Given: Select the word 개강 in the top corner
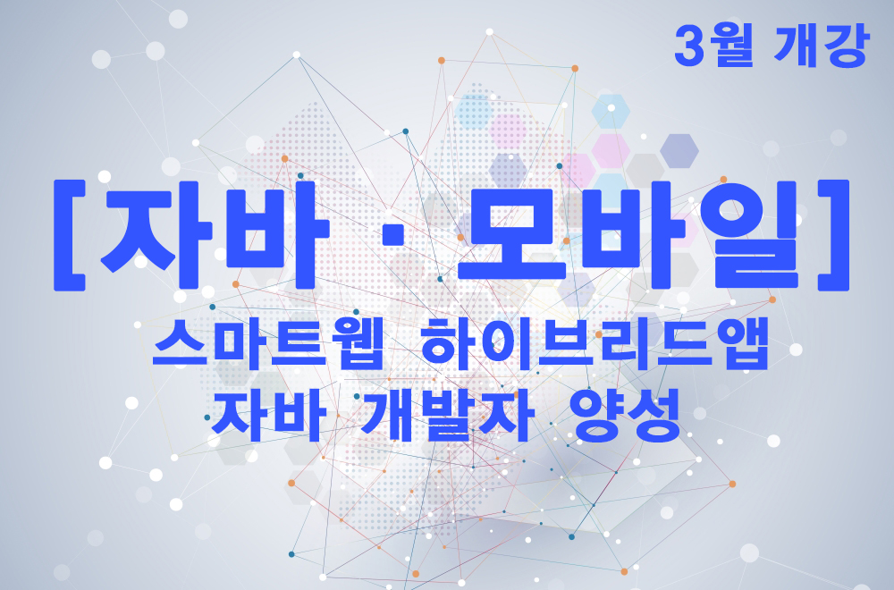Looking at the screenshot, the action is [822, 46].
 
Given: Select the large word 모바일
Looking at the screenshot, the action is [628, 233].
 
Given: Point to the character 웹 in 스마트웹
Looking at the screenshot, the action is [354, 344].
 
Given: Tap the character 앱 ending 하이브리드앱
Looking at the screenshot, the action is [742, 344].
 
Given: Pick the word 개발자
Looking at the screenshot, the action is [448, 417].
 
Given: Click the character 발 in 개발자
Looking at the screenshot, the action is [449, 417].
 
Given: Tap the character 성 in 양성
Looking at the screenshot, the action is [655, 417].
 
